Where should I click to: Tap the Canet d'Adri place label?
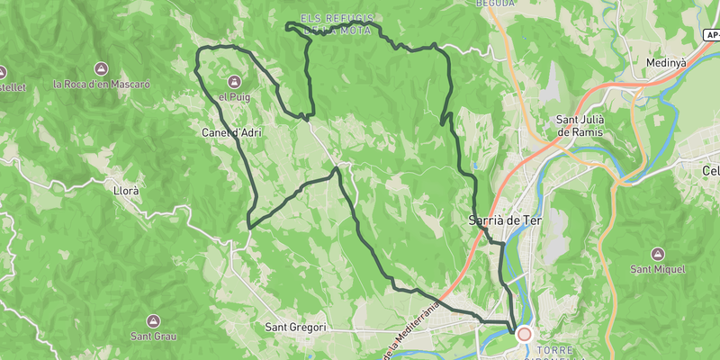[x=232, y=133]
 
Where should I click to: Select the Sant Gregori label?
[x=296, y=328]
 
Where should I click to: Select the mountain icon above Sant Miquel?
[x=658, y=254]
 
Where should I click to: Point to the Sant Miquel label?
[x=658, y=269]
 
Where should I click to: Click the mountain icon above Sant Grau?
[x=153, y=321]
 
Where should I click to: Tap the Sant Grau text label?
[x=153, y=337]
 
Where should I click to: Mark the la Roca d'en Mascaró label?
[x=102, y=84]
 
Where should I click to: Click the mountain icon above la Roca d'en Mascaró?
[x=102, y=69]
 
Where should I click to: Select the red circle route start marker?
[x=524, y=333]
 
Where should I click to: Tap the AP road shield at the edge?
[x=712, y=34]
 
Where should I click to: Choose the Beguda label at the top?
[x=496, y=4]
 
